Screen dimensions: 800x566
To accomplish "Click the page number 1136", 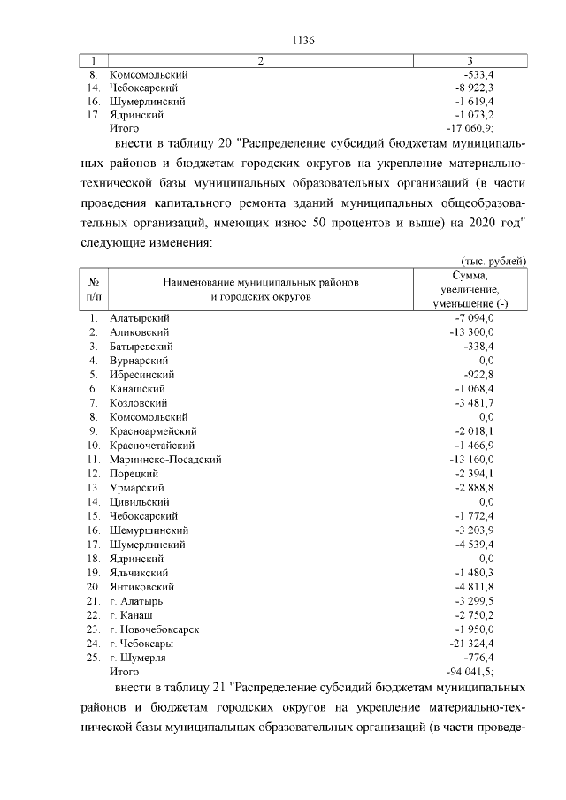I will point(303,40).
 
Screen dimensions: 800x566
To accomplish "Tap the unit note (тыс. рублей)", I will point(493,261).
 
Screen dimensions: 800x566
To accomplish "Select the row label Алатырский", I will point(139,318).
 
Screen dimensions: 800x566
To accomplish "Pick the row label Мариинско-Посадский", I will point(164,460).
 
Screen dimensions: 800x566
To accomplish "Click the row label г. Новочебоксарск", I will point(154,629).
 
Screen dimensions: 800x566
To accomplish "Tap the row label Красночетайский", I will point(151,446).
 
